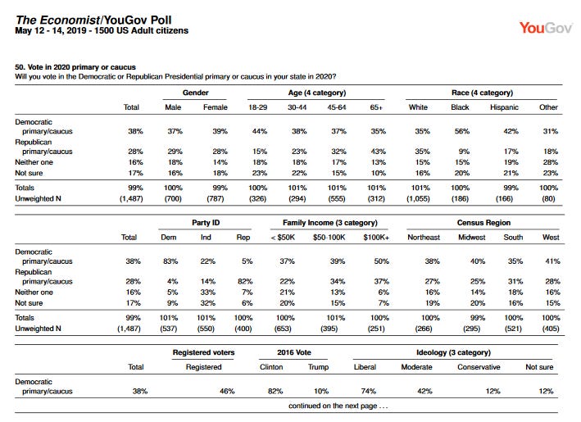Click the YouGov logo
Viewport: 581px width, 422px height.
[546, 28]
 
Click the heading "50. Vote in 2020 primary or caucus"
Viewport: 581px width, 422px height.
[75, 67]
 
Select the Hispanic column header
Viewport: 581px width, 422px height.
[504, 107]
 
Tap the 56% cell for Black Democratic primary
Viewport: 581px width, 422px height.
[462, 131]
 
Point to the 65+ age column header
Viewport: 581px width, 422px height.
[376, 107]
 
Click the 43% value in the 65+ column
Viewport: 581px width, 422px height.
[379, 151]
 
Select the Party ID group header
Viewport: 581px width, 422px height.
[206, 223]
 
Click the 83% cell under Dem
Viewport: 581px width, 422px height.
[170, 261]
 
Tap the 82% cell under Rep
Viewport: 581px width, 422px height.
[245, 281]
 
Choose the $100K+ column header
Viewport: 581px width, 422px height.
[376, 237]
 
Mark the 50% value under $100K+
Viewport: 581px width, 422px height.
[381, 261]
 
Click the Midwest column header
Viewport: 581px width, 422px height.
[471, 237]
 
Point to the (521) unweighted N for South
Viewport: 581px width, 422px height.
[513, 329]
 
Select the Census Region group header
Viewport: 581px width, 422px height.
[483, 223]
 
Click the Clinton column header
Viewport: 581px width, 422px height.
[271, 367]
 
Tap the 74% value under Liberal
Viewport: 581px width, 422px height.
[368, 391]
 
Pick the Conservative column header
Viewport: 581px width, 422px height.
[479, 367]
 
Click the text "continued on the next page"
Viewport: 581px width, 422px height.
[333, 406]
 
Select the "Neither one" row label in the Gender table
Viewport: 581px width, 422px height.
[34, 162]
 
